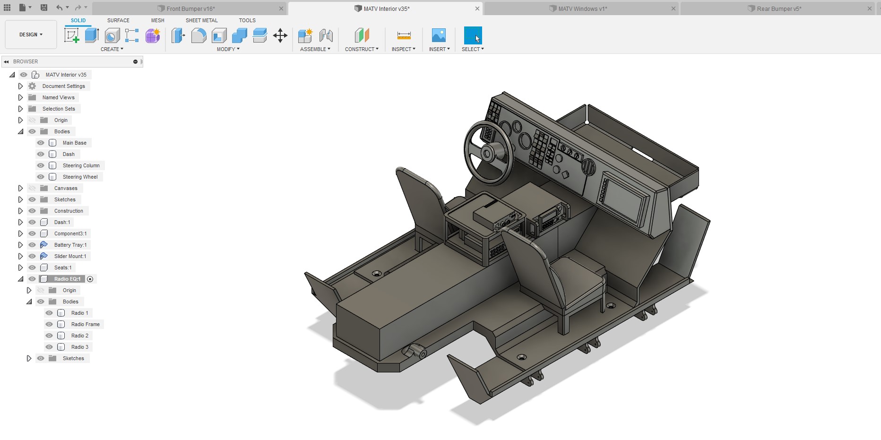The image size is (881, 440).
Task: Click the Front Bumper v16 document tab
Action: click(190, 9)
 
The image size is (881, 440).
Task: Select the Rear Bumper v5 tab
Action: click(779, 9)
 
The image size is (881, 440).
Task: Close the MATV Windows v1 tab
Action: click(674, 9)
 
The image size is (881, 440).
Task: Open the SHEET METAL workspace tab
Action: click(201, 20)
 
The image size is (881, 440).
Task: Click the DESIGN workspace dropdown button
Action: click(31, 35)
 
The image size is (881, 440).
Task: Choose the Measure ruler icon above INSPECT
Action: click(404, 35)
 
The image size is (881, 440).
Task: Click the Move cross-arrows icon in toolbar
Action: click(280, 35)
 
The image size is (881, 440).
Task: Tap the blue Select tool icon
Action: click(473, 35)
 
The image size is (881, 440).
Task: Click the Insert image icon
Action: click(439, 35)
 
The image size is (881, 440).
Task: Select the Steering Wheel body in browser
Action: click(80, 177)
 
